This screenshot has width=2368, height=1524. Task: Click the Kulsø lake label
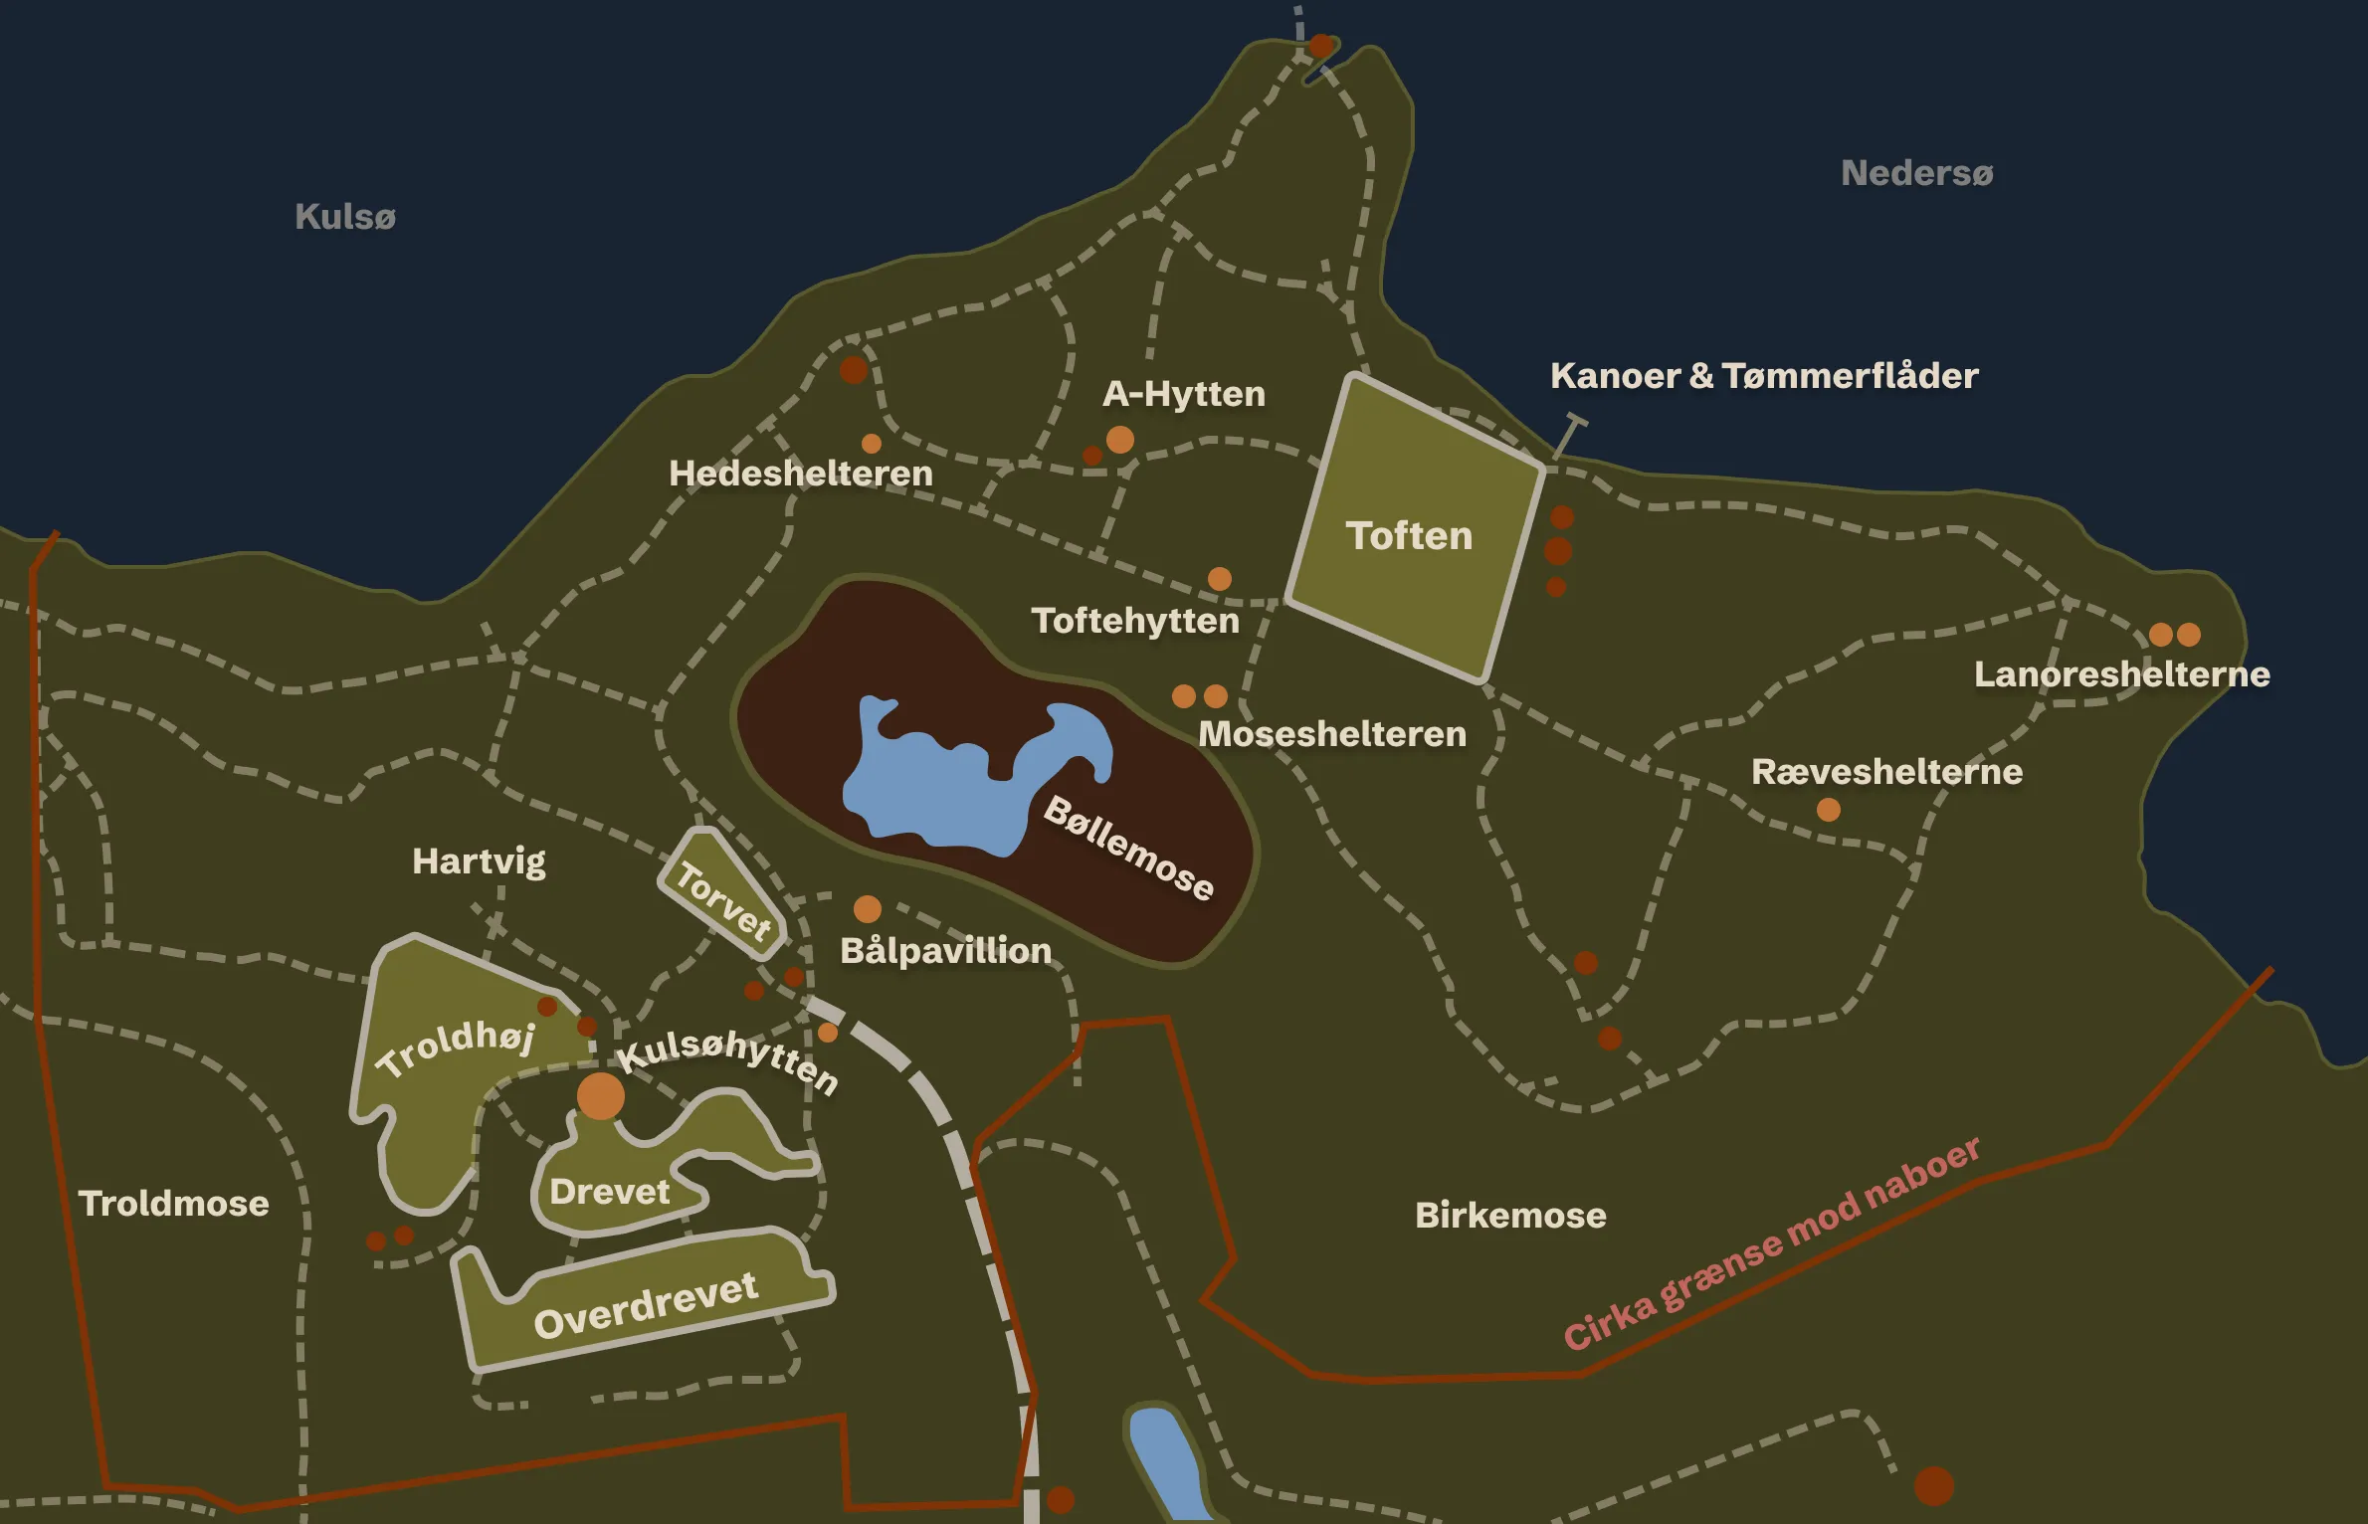point(344,217)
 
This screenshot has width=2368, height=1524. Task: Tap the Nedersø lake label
point(1916,173)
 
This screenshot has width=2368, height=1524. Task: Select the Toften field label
point(1409,536)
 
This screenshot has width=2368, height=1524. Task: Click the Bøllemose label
point(1129,848)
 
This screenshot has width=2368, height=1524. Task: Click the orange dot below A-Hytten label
point(1120,440)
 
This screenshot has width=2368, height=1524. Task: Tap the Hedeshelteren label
point(801,474)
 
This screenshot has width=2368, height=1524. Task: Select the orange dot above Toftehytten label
point(1220,579)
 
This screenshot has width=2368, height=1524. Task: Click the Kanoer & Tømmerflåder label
point(1764,376)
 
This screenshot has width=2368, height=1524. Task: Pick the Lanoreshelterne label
point(2121,674)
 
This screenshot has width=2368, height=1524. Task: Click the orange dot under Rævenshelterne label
point(1829,810)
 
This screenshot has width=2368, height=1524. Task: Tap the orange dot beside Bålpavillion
point(868,908)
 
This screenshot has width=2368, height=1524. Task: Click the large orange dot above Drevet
point(601,1096)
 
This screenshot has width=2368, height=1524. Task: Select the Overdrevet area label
point(646,1305)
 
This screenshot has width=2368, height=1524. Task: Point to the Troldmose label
point(174,1204)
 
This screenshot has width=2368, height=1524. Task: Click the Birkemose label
point(1510,1216)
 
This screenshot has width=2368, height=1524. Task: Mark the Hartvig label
point(479,861)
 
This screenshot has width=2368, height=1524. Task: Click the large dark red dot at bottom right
point(1934,1486)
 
